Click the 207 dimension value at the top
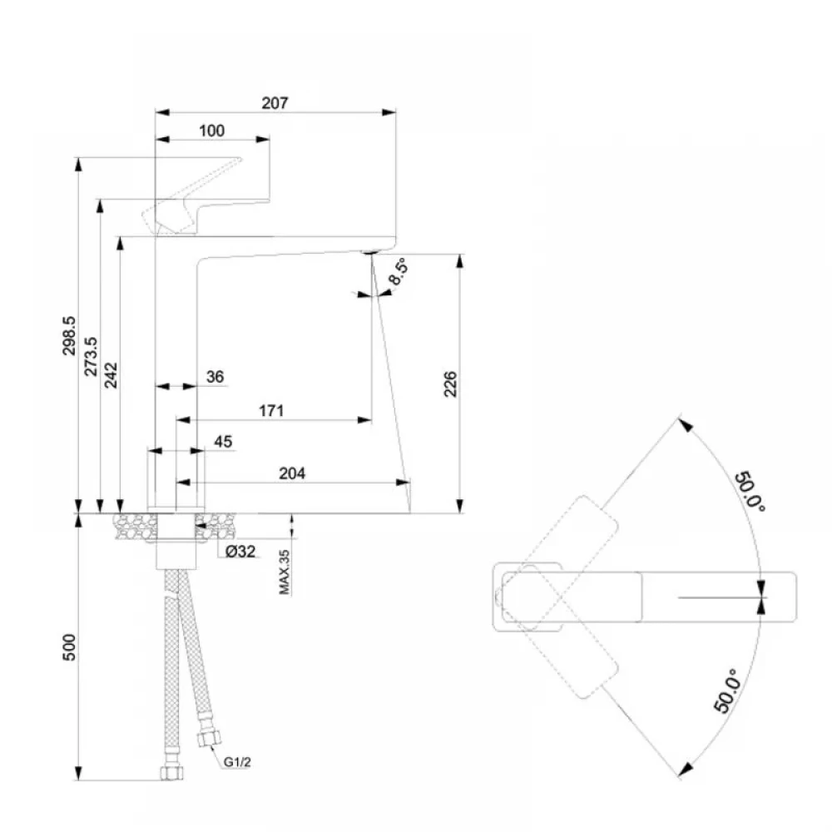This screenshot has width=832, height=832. (275, 103)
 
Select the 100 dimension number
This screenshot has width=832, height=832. (211, 131)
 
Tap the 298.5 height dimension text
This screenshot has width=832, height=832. (69, 335)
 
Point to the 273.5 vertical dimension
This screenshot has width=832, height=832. (91, 356)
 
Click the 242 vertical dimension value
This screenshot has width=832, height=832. (111, 375)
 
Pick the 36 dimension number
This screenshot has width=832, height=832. (215, 377)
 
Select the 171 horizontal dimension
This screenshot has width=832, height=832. (271, 411)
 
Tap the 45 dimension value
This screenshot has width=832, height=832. (223, 442)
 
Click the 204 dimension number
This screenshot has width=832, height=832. (292, 473)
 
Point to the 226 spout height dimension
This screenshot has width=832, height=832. (450, 384)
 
